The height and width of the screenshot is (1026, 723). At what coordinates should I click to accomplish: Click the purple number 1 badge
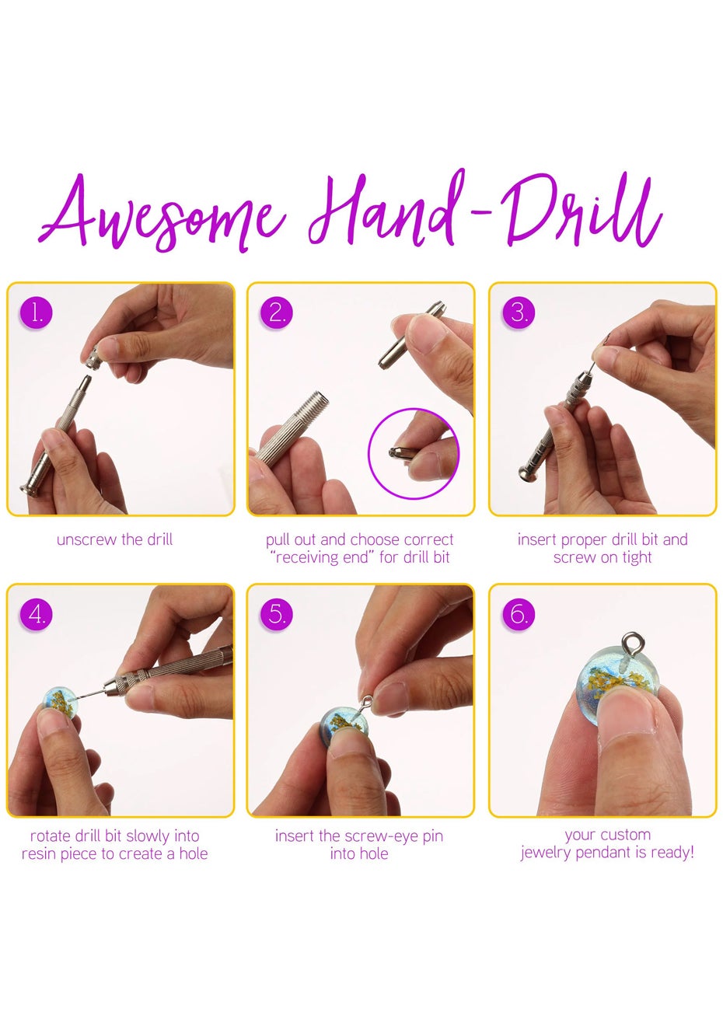click(36, 313)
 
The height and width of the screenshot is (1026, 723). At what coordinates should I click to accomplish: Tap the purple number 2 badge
click(277, 313)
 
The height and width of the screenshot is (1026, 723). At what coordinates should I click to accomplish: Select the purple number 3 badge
click(519, 313)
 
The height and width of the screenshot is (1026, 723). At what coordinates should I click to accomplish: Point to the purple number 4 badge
click(36, 614)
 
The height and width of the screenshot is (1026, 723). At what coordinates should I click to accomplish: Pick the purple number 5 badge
click(277, 614)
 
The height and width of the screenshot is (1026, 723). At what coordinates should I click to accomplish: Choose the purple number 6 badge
click(519, 614)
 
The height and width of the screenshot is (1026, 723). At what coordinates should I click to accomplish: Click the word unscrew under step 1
click(86, 539)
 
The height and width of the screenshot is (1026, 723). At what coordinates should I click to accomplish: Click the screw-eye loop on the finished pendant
click(631, 643)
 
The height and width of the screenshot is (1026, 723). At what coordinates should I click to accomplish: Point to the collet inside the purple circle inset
click(396, 453)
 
